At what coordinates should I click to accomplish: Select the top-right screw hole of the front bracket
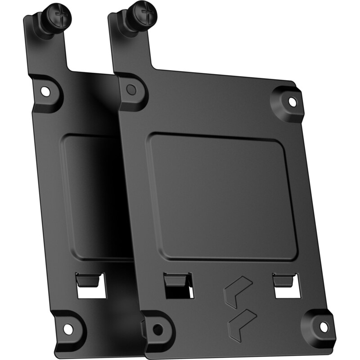[x=292, y=101]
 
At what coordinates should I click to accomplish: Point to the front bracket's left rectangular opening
[x=178, y=290]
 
